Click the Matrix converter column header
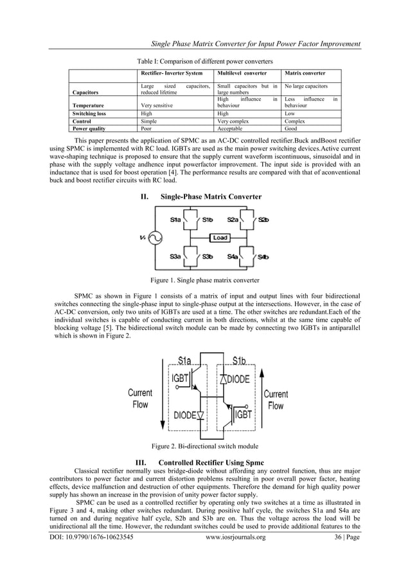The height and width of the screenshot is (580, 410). tap(305, 73)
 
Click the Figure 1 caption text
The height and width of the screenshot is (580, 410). tap(204, 281)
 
